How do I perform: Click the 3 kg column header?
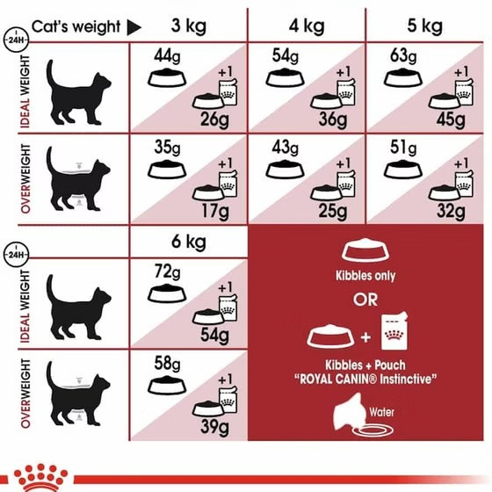(x=189, y=26)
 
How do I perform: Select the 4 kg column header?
(x=307, y=26)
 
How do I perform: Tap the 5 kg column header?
(x=425, y=26)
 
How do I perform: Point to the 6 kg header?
(x=189, y=242)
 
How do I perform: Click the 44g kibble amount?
(x=167, y=56)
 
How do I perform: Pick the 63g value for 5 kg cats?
(x=403, y=56)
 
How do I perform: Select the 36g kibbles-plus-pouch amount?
(x=333, y=119)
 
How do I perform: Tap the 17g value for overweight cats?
(x=215, y=211)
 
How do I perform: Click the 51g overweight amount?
(x=403, y=148)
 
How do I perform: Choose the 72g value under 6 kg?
(x=167, y=271)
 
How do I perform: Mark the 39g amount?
(x=215, y=427)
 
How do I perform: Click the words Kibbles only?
(x=365, y=276)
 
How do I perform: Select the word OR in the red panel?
(x=365, y=300)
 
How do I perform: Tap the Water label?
(x=381, y=412)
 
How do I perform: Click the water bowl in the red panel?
(x=373, y=430)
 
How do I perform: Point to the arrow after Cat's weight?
(x=134, y=27)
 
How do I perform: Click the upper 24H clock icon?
(x=16, y=40)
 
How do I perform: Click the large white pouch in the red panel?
(x=394, y=331)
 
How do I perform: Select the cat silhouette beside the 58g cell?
(x=78, y=394)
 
